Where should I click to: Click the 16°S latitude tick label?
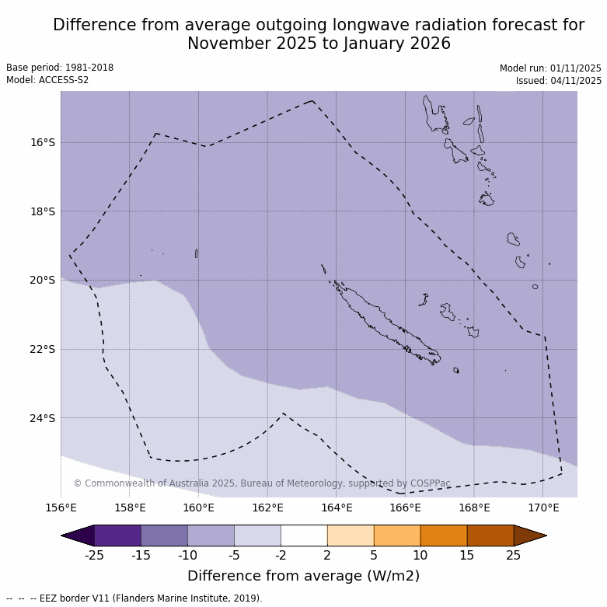[x=43, y=142]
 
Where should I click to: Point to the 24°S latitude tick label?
[x=43, y=418]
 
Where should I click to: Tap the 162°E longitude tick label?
[x=267, y=508]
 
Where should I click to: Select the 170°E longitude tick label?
[x=543, y=508]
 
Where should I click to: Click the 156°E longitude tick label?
[x=61, y=508]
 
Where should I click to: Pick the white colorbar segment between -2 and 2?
[x=304, y=535]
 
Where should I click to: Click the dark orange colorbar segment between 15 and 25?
[x=490, y=535]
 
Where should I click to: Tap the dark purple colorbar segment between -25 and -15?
[x=117, y=535]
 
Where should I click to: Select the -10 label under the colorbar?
[x=187, y=555]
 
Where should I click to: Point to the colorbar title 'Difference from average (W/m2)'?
[x=303, y=576]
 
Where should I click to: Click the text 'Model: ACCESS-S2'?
[x=47, y=80]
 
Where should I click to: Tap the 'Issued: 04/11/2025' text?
[x=558, y=81]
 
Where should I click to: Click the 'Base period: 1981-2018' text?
[x=60, y=68]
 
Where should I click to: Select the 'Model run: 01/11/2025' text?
[x=550, y=68]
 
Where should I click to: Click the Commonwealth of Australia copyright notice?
[x=262, y=483]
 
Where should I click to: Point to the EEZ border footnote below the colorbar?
[x=134, y=598]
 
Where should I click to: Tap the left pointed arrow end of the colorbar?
[x=77, y=535]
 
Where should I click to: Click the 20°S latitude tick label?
[x=43, y=280]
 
